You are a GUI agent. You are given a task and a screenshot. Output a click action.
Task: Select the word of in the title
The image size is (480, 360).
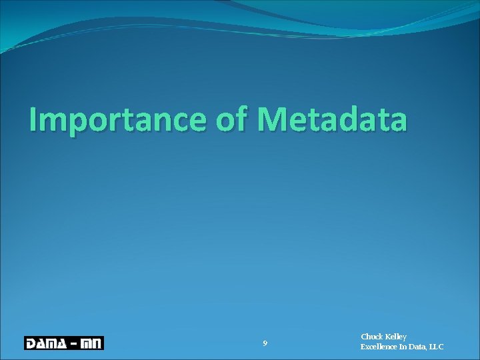(x=232, y=120)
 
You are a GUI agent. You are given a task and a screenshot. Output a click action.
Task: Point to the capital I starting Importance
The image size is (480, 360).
(x=33, y=120)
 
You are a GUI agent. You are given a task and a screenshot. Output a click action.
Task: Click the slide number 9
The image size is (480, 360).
(x=265, y=343)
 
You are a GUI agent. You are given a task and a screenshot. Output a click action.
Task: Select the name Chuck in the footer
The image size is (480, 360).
(x=372, y=337)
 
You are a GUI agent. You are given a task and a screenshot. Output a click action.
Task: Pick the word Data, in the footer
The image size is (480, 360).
(x=420, y=347)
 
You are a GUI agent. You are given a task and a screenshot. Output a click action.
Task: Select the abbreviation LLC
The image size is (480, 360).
(x=437, y=347)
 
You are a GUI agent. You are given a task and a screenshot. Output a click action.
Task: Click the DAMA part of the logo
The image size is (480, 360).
(x=47, y=343)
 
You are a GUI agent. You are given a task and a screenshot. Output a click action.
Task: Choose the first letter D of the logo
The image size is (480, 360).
(x=31, y=343)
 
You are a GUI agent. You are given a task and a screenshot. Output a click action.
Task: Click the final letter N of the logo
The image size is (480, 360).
(x=97, y=343)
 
